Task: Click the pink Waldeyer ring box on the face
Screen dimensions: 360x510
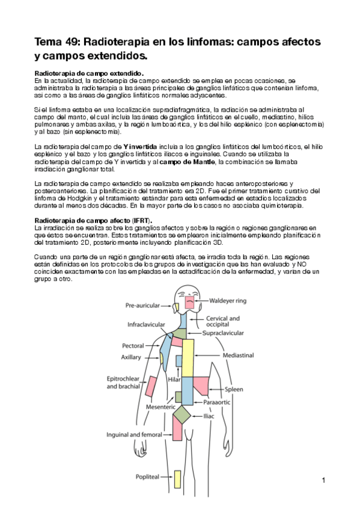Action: [x=189, y=303]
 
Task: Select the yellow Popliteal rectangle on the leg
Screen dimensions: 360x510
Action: [x=178, y=479]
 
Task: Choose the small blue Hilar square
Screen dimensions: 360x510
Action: [x=179, y=360]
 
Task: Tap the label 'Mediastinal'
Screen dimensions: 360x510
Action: [x=239, y=355]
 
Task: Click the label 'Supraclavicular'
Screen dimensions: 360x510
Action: [x=222, y=332]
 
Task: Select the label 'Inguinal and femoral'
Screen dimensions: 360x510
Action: [x=135, y=434]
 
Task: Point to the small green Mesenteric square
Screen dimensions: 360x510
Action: [x=178, y=396]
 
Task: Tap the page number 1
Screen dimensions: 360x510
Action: [x=323, y=480]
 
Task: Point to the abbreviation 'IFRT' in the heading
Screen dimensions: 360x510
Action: [x=142, y=221]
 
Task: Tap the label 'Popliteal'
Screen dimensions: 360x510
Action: [x=148, y=476]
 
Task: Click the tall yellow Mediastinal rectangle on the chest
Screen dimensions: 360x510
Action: [x=188, y=358]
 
